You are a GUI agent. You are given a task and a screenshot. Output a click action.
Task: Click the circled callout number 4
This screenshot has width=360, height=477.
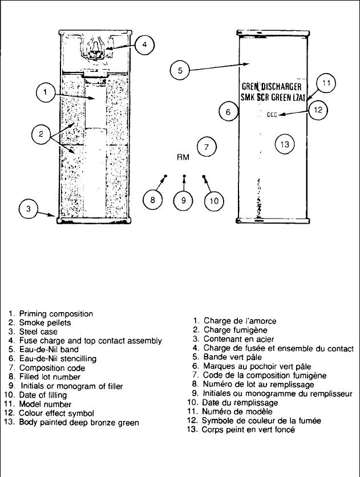[x=145, y=45]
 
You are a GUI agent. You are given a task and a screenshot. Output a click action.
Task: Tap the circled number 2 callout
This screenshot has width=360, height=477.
[x=41, y=135]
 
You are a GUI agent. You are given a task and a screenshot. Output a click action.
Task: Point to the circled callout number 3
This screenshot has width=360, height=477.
[x=29, y=209]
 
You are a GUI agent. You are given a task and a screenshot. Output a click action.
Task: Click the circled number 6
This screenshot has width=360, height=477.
[x=228, y=112]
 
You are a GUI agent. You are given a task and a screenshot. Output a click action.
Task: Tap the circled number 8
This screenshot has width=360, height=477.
[x=153, y=200]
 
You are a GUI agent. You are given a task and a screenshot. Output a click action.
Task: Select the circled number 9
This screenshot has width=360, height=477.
[x=184, y=200]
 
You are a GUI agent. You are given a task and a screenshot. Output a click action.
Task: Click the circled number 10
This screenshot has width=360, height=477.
[x=215, y=200]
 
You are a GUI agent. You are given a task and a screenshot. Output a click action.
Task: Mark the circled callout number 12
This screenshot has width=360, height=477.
[x=318, y=110]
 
